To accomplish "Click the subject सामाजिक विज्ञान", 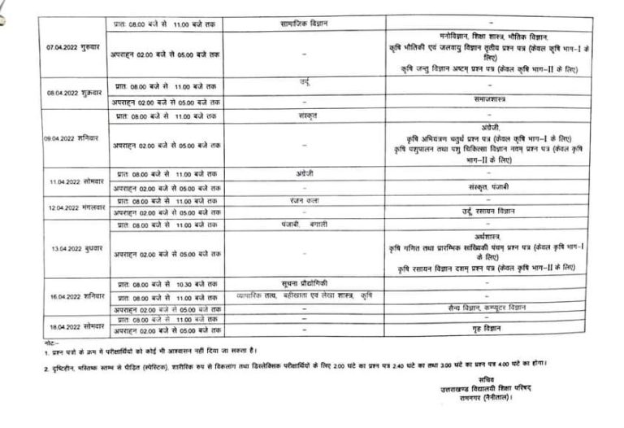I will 303,24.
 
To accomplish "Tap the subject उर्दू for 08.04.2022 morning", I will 304,83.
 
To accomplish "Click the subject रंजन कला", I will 303,200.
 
